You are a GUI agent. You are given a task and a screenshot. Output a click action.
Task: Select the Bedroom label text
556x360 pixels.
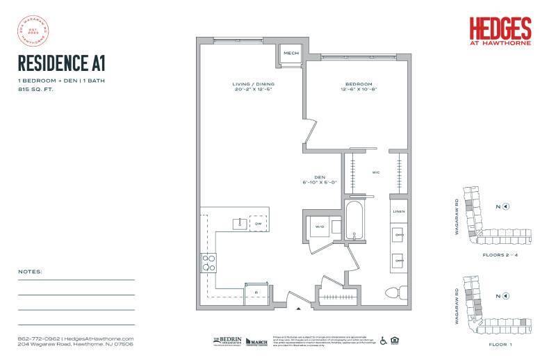point(358,85)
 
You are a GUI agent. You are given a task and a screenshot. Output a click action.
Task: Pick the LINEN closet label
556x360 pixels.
point(398,211)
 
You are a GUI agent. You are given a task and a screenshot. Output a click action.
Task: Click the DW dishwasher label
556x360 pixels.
point(257,224)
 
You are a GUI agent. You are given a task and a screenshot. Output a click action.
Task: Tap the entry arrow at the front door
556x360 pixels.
point(300,307)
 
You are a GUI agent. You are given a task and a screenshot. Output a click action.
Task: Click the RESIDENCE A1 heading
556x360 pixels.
point(62,65)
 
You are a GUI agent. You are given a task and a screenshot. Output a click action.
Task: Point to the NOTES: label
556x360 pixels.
point(31,271)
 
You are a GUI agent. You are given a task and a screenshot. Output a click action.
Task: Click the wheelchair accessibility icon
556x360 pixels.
point(382,341)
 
